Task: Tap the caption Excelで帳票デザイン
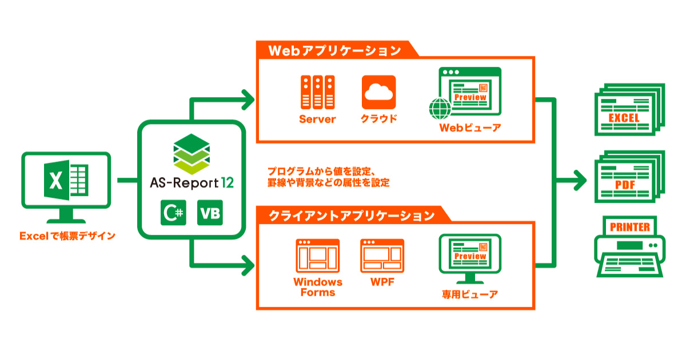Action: [67, 235]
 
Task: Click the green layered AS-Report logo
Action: [192, 153]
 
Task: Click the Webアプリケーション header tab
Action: [335, 50]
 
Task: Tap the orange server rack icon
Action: [317, 92]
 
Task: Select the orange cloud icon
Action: [378, 92]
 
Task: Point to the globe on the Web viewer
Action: [440, 109]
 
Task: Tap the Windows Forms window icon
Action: [318, 255]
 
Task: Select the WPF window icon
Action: [382, 255]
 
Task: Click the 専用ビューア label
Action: [469, 295]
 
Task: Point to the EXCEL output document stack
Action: [629, 110]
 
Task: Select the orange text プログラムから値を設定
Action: [320, 171]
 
